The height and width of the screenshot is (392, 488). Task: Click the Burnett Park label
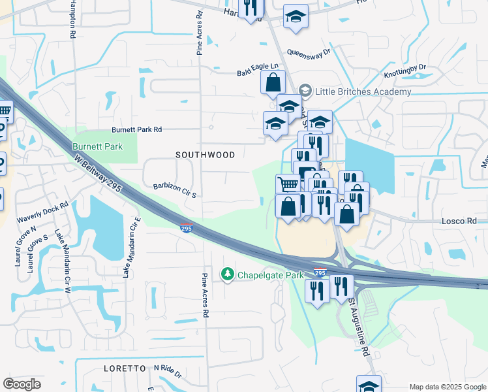pos(97,146)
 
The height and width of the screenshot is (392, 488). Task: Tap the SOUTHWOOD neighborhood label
pos(205,155)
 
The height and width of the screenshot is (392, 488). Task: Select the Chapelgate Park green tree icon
pos(228,275)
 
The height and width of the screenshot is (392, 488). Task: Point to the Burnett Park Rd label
pos(136,129)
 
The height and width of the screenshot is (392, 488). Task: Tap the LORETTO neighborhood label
pos(124,368)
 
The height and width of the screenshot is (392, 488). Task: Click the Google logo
pos(22,384)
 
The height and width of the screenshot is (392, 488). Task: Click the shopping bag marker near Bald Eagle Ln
pos(273,83)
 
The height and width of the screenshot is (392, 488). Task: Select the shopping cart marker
pos(288,184)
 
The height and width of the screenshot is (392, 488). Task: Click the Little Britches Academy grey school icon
pos(304,91)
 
